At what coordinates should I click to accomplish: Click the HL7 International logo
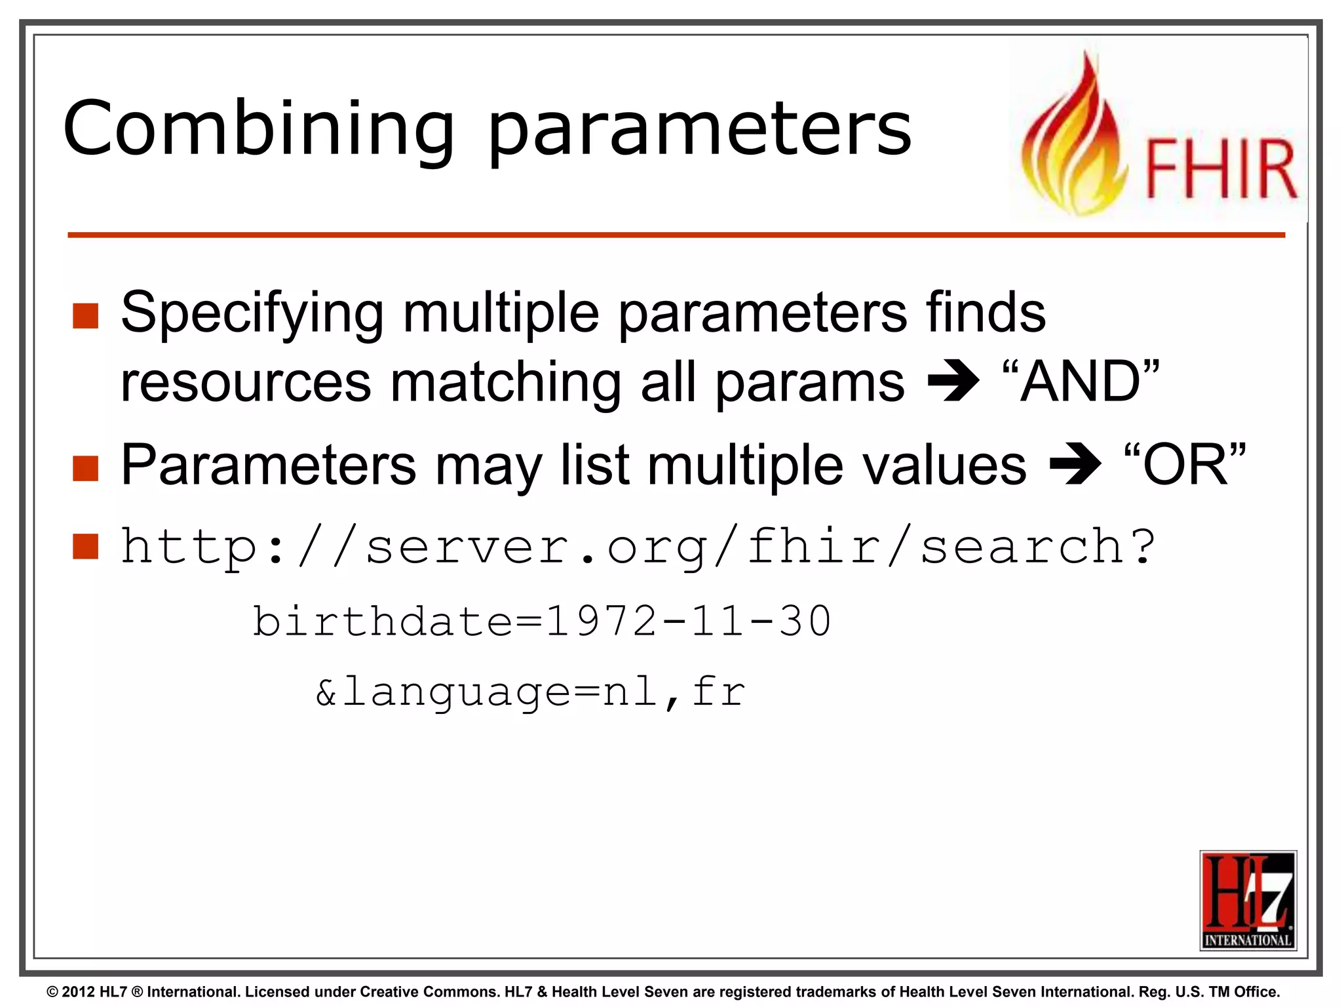point(1248,900)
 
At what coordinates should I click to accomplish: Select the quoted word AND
point(1082,382)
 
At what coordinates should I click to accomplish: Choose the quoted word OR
point(1185,464)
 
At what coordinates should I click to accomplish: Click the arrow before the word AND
point(953,382)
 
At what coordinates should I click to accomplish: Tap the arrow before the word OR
point(1075,464)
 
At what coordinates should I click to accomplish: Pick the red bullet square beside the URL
point(86,546)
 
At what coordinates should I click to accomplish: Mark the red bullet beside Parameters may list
point(86,468)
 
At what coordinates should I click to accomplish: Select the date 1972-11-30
point(688,621)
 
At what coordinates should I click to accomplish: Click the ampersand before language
point(326,692)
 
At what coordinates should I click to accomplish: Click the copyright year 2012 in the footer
point(79,992)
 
